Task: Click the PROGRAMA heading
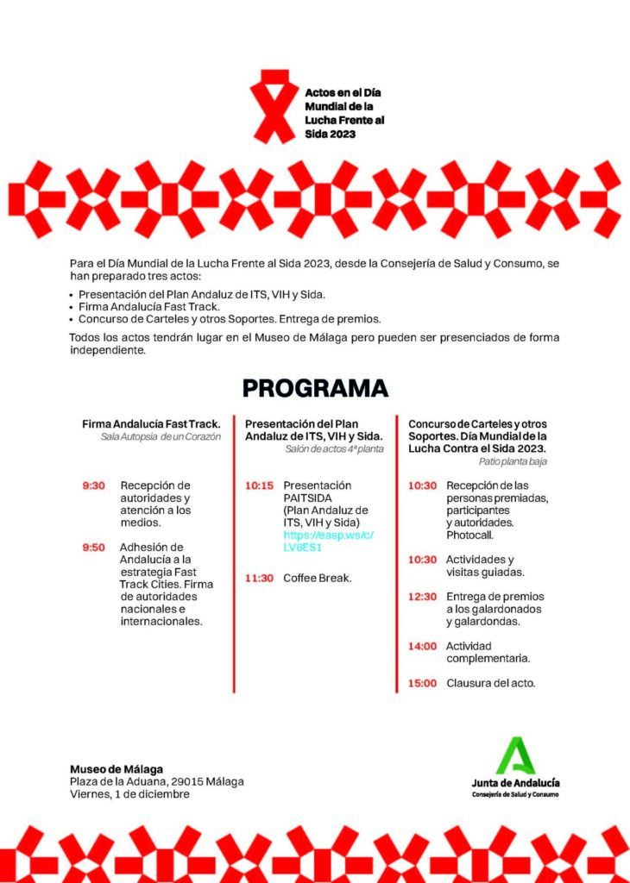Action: (315, 388)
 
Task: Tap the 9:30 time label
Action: (93, 485)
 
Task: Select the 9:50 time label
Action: (93, 547)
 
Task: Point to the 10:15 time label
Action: (259, 485)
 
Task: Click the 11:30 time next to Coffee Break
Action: (259, 578)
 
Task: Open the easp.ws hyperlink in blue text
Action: (328, 541)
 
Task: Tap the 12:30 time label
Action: (422, 596)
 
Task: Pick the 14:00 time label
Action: (422, 646)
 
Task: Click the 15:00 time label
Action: (422, 683)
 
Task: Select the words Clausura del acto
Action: (491, 683)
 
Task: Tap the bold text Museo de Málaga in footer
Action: (117, 769)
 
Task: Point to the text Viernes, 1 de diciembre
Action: (129, 793)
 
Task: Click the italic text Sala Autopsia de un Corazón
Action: (161, 437)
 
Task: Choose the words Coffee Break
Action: (317, 578)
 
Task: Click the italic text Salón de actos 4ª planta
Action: (334, 449)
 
